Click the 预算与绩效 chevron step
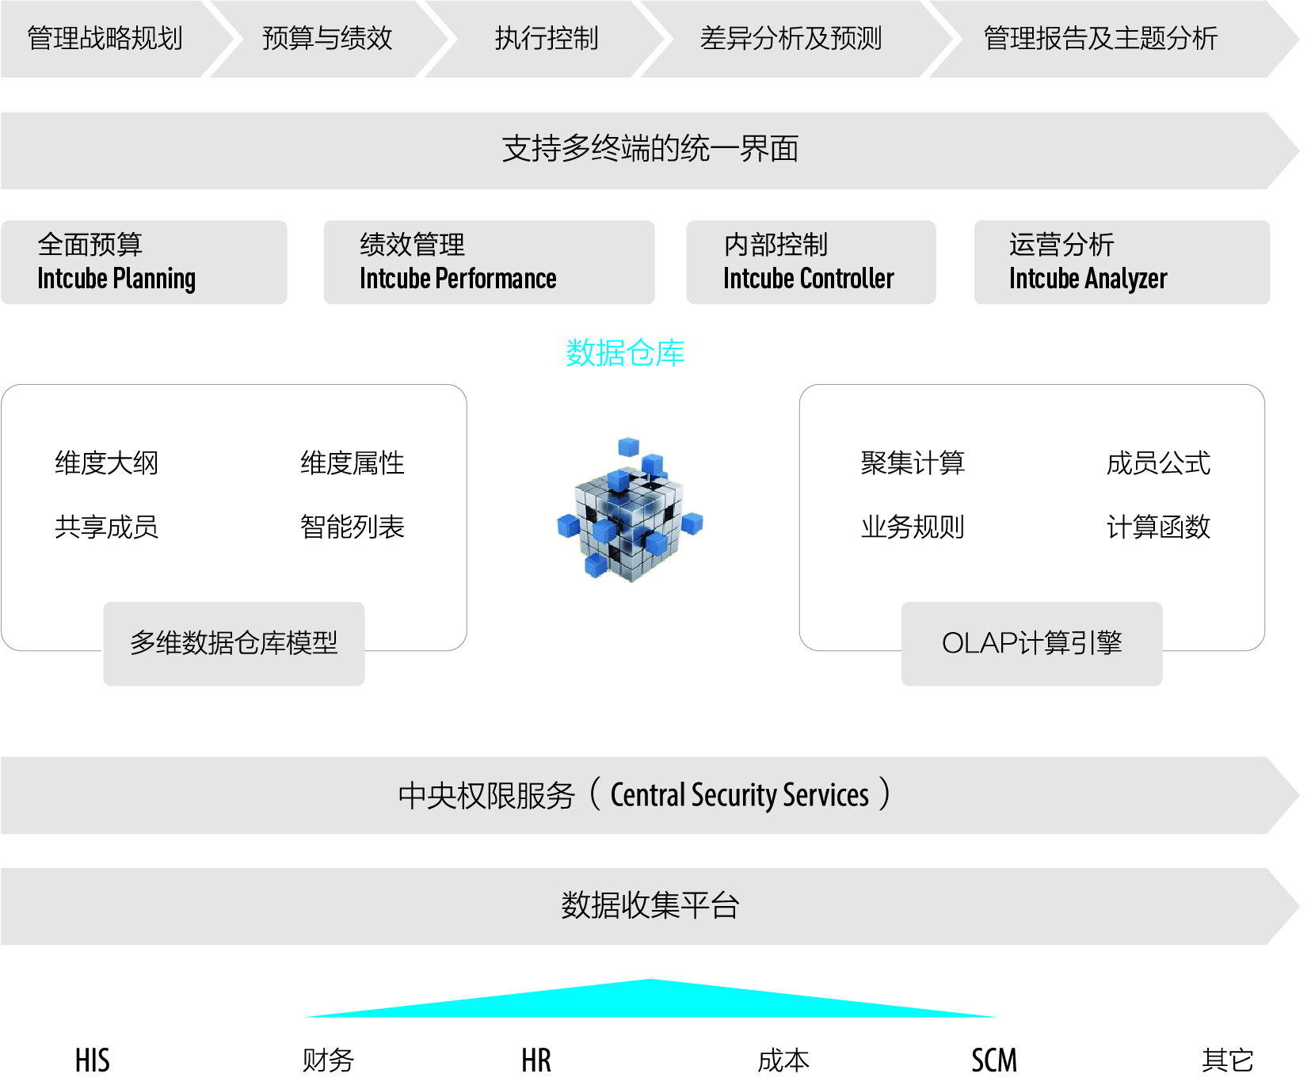327,38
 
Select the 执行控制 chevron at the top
546,38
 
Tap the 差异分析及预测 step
791,38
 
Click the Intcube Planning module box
143,262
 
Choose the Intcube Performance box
489,262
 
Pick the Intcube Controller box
810,262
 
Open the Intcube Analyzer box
1121,262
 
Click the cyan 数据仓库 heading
625,352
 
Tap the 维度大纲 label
107,463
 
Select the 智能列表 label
353,527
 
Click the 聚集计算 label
913,463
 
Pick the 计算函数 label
1158,527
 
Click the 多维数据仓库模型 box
234,643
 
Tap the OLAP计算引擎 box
1031,643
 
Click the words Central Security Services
739,795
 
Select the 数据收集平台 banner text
650,905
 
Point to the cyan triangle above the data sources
650,1003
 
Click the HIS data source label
93,1060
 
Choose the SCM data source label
994,1060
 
